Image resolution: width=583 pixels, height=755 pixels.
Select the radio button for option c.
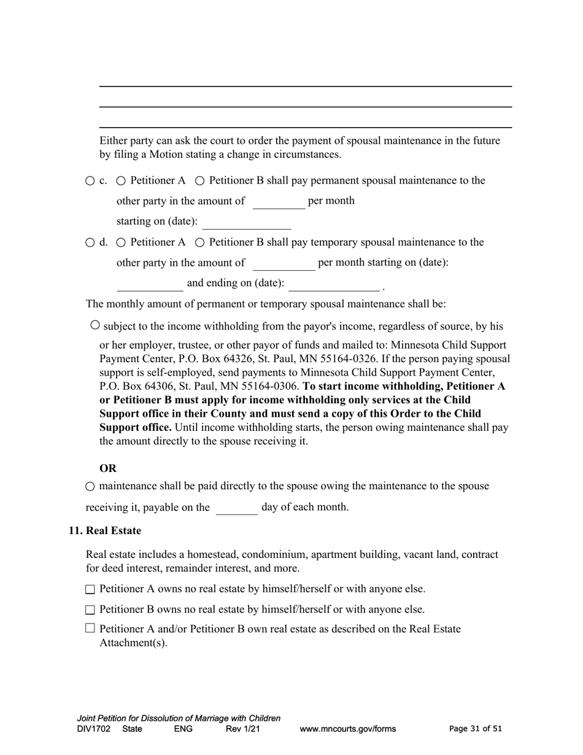click(90, 181)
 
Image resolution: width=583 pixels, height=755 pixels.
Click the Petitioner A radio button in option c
click(121, 181)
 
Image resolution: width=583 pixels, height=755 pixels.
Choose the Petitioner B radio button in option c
click(199, 181)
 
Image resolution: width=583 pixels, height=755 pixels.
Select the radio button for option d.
click(90, 243)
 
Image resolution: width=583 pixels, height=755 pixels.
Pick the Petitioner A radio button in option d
click(121, 243)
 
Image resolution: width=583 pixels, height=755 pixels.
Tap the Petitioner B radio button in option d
click(199, 243)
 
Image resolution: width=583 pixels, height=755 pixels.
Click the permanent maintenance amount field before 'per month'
click(279, 202)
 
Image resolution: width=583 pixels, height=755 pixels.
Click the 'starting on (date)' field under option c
click(247, 222)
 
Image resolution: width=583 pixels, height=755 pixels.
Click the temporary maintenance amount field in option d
click(284, 263)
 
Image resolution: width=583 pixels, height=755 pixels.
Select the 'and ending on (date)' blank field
click(334, 284)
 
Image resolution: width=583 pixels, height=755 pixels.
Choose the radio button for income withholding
click(95, 325)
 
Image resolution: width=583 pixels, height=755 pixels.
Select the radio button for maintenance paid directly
click(90, 487)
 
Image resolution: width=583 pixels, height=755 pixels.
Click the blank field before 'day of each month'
click(236, 508)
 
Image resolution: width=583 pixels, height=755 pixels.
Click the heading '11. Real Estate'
click(105, 531)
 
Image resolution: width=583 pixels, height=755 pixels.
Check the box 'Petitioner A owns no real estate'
click(90, 589)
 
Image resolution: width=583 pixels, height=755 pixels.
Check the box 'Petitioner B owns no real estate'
click(90, 610)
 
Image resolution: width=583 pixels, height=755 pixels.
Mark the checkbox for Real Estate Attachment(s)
click(90, 628)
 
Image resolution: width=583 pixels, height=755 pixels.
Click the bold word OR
click(108, 469)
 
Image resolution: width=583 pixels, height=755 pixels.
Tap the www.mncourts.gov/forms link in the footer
click(347, 729)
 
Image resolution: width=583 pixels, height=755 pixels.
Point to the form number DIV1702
click(94, 729)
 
